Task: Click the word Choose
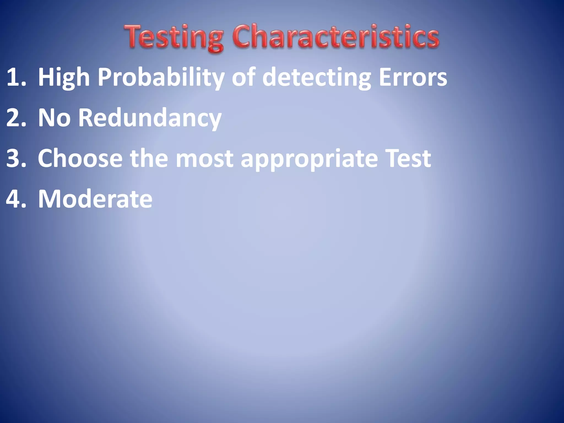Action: [x=80, y=158]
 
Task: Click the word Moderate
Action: [x=95, y=199]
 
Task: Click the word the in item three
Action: [x=149, y=158]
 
